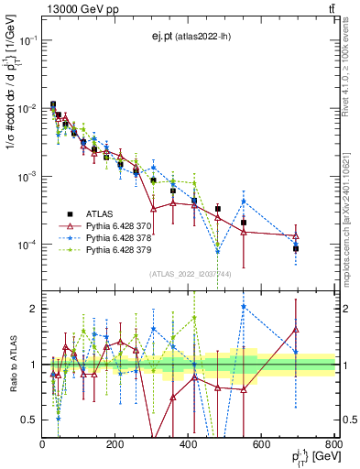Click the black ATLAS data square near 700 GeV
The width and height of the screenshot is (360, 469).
(x=296, y=248)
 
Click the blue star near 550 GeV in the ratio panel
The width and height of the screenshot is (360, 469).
(x=244, y=307)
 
